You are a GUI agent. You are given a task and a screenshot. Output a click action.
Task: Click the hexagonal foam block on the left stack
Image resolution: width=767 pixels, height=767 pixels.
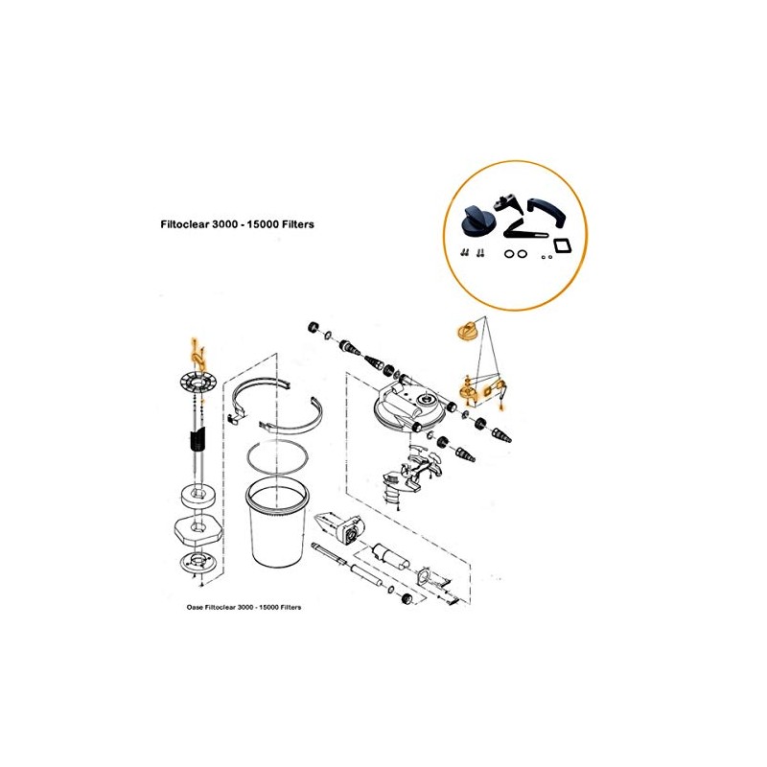click(198, 527)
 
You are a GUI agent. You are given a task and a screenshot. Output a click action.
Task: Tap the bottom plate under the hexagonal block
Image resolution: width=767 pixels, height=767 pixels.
click(198, 563)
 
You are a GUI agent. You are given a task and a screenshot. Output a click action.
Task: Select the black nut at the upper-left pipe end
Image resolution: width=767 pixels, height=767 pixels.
click(311, 329)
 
